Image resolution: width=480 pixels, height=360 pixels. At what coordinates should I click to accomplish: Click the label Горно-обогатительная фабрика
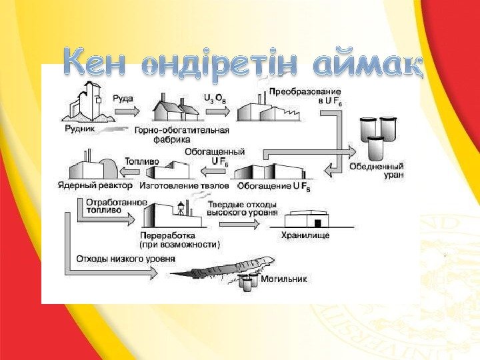182,135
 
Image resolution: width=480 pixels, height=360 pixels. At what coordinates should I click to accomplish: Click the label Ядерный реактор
96,186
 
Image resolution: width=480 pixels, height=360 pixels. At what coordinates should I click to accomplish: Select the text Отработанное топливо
103,205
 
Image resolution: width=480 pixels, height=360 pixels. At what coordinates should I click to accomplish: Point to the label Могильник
283,279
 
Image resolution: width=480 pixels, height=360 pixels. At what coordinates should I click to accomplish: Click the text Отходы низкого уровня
126,259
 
